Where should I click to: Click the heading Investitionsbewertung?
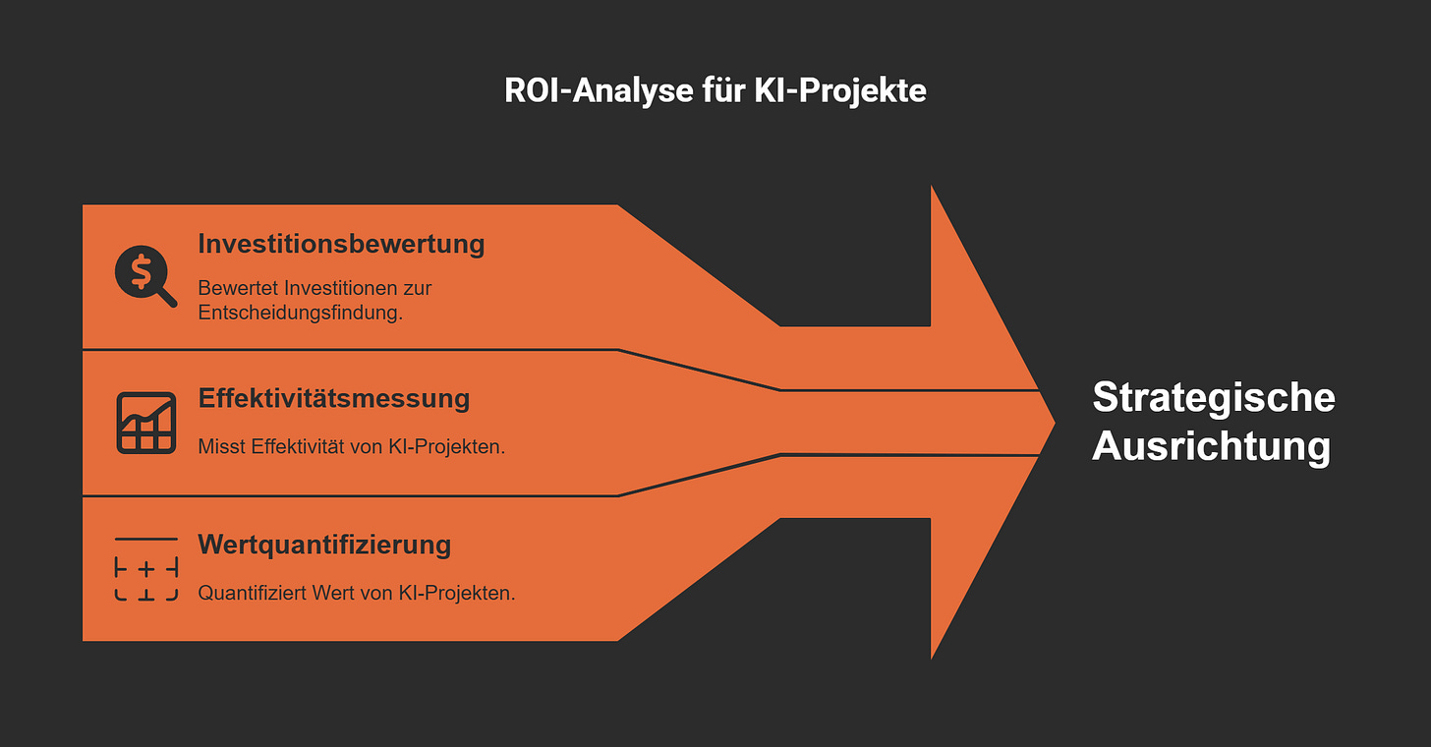click(341, 243)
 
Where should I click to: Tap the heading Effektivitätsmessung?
click(334, 398)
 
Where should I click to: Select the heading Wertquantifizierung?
click(324, 544)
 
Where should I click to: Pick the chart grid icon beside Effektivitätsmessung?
click(146, 423)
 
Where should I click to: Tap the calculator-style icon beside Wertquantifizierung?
click(146, 568)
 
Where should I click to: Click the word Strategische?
click(1214, 398)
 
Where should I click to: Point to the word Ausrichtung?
click(1211, 446)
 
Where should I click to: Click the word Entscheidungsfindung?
click(301, 314)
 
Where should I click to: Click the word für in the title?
click(726, 90)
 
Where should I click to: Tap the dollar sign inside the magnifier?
click(141, 269)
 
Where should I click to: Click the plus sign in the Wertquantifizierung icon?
click(146, 568)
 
